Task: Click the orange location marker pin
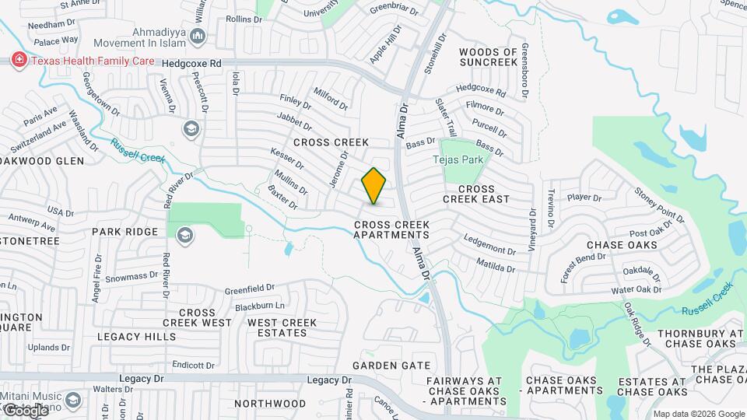coord(374,186)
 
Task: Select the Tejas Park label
coord(458,159)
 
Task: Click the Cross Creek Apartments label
coord(391,229)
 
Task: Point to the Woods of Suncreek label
coord(488,57)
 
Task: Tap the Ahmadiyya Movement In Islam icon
coord(198,37)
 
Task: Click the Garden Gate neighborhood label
coord(391,365)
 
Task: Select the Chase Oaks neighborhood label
coord(622,245)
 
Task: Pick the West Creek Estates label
coord(282,327)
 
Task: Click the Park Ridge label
coord(124,232)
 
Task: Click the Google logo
coord(25,410)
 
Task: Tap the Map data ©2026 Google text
coord(688,414)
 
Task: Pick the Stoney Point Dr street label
coord(659,204)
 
